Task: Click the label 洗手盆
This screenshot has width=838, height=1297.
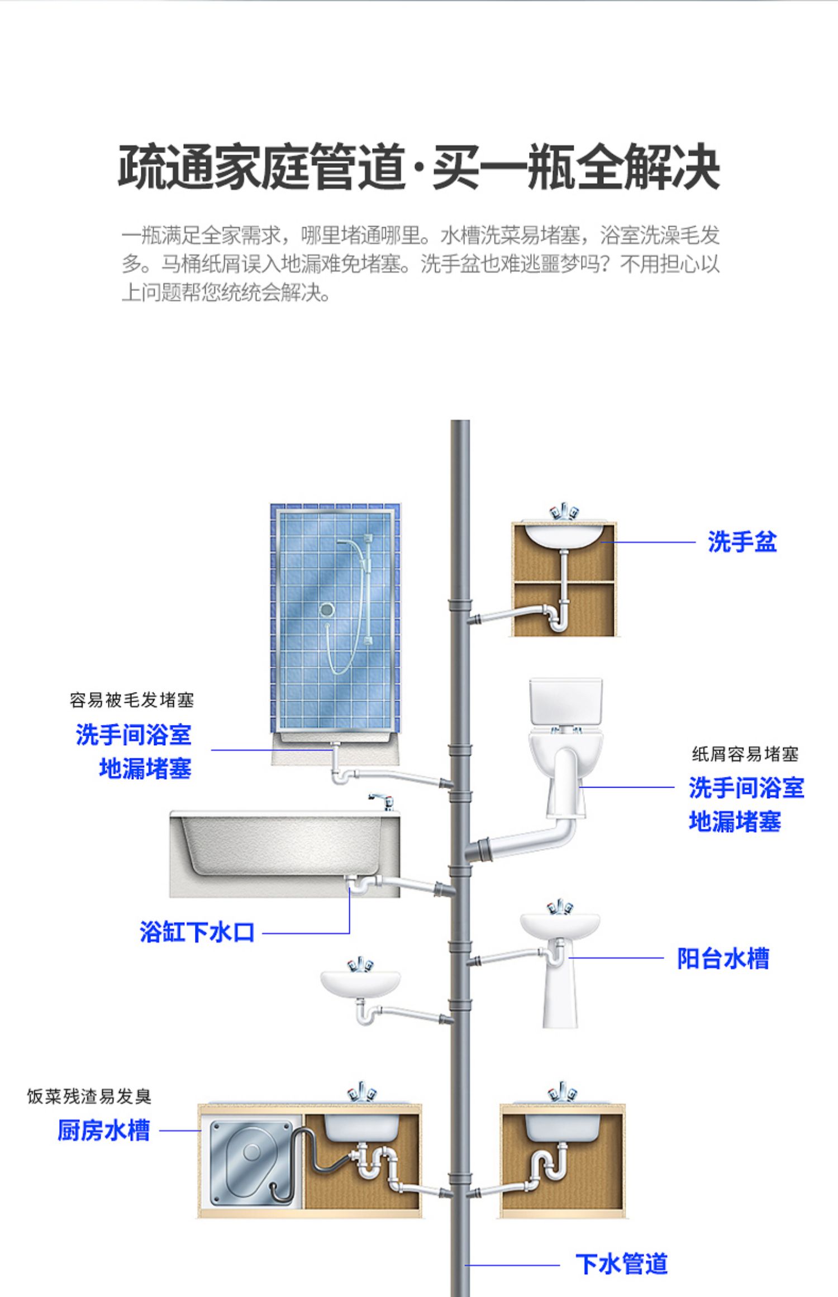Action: pos(742,542)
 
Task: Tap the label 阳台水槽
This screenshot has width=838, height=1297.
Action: pos(723,958)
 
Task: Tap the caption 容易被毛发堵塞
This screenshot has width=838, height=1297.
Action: pos(132,700)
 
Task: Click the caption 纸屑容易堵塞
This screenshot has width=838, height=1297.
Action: pos(745,754)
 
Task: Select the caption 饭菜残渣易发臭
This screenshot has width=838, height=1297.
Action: pos(89,1096)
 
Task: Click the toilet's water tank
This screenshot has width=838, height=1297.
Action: pos(565,702)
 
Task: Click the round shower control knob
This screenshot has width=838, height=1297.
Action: pos(327,609)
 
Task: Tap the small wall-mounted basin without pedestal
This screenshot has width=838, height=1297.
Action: pos(360,984)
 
